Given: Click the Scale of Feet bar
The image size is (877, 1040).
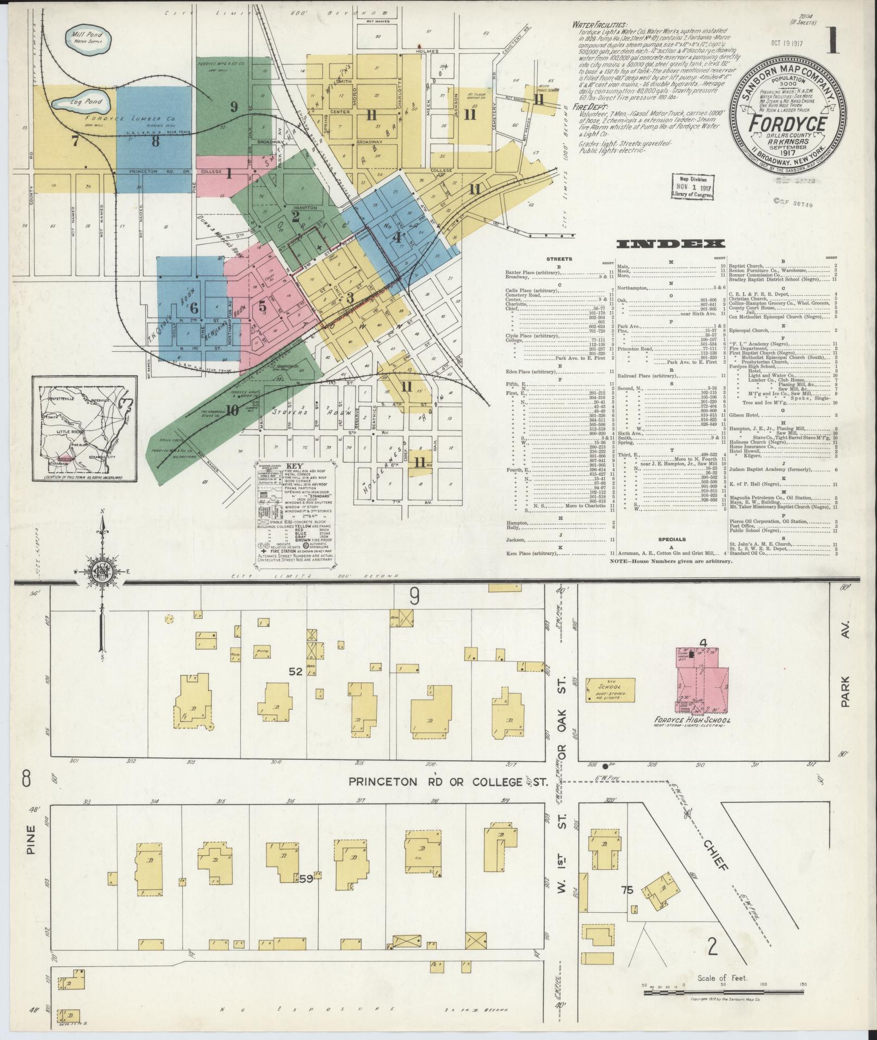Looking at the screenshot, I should (x=723, y=992).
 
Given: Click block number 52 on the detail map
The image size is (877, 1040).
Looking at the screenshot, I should (x=295, y=672).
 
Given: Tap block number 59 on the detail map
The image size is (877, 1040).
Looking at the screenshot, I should (x=306, y=878).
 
